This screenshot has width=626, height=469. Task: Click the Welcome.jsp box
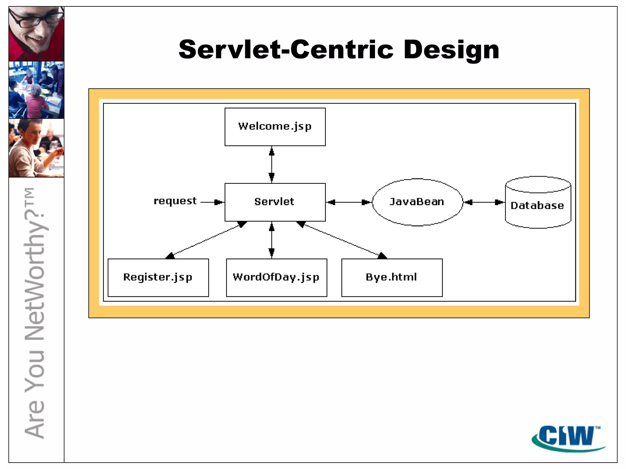tap(275, 127)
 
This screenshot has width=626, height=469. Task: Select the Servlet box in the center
tap(275, 202)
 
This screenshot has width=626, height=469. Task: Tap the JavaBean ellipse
tap(417, 202)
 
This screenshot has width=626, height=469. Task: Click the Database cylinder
tap(538, 205)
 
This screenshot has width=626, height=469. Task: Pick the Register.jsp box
tap(158, 277)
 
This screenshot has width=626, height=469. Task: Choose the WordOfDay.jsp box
tap(276, 277)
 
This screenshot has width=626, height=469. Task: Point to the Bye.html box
tap(392, 277)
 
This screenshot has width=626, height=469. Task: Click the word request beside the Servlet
tap(175, 201)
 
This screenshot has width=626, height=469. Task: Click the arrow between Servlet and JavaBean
tap(348, 202)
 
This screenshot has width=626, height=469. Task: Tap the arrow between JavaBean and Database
tap(484, 202)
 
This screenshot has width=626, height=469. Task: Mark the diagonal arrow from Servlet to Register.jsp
tap(206, 240)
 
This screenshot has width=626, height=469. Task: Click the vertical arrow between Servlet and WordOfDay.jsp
tap(271, 240)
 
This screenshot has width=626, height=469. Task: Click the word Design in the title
tap(451, 50)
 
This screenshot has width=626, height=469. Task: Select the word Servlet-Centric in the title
tap(286, 49)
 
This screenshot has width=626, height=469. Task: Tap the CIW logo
tap(567, 437)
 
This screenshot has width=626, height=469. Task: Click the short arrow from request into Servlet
tap(212, 202)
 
